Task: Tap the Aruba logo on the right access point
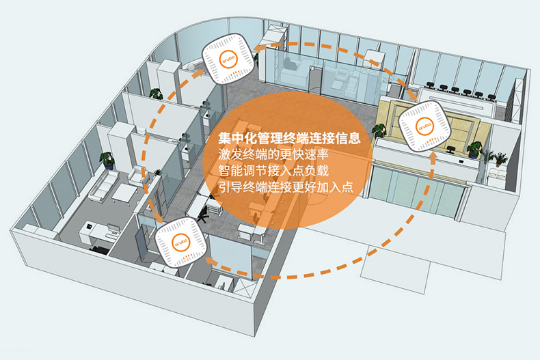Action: (424, 125)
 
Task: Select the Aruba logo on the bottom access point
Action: (181, 242)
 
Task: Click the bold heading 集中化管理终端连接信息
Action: (289, 138)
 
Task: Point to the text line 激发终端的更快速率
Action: (273, 154)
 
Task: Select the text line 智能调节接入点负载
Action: (273, 171)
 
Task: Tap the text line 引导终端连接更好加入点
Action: (286, 187)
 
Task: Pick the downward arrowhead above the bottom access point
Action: (159, 218)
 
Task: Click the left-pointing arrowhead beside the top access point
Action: (258, 49)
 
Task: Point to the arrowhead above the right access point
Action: (412, 95)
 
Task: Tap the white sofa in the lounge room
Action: (103, 186)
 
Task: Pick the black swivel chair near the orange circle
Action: (204, 214)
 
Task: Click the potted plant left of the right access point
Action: (379, 131)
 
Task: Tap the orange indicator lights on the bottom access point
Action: (188, 257)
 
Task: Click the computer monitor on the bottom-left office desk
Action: (113, 228)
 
